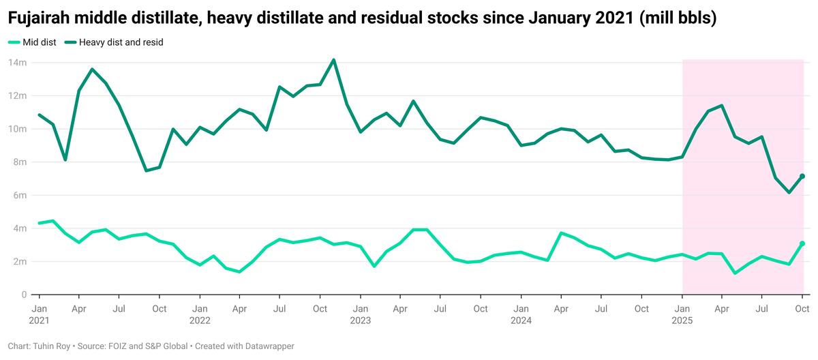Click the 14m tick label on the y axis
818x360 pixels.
pyautogui.click(x=17, y=63)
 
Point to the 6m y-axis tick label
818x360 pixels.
pyautogui.click(x=19, y=195)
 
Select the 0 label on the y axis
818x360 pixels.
pyautogui.click(x=23, y=295)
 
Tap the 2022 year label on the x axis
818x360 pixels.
pyautogui.click(x=200, y=320)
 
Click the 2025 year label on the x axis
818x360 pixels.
pyautogui.click(x=682, y=320)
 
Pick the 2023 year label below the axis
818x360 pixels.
pyautogui.click(x=361, y=320)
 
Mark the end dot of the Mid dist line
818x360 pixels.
pyautogui.click(x=802, y=243)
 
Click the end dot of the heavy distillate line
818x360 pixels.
pyautogui.click(x=802, y=177)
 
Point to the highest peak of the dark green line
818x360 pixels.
pyautogui.click(x=333, y=60)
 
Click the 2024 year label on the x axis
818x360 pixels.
pyautogui.click(x=521, y=320)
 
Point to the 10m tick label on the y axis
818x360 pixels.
pyautogui.click(x=17, y=129)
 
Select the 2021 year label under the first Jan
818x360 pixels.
pyautogui.click(x=39, y=320)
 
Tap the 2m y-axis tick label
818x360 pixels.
pyautogui.click(x=19, y=261)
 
